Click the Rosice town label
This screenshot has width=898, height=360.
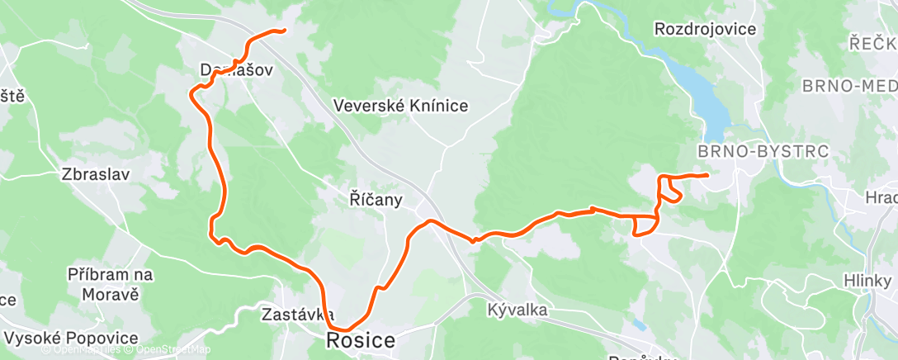pos(361,339)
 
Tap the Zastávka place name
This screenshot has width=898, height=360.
pos(296,315)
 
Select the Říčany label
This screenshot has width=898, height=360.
pos(376,199)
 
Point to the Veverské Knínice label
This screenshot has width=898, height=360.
pos(401,106)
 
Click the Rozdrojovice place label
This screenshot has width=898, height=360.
pos(705,30)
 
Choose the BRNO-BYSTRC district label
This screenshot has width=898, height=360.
pos(763,152)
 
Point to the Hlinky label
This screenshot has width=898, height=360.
pos(867,280)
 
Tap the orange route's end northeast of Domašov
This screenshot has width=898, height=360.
pos(284,31)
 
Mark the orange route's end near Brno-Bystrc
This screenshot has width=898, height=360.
pos(707,175)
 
